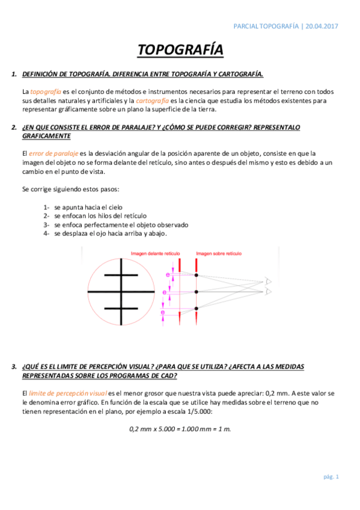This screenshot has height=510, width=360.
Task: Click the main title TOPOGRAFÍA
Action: tap(180, 50)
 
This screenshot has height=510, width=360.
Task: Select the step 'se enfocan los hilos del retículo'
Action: tap(100, 215)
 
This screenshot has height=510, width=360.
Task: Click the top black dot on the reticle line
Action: tap(197, 275)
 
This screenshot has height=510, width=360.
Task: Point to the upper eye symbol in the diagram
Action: tap(269, 281)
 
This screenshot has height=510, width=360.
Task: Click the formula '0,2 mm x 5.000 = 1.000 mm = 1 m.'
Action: tap(180, 429)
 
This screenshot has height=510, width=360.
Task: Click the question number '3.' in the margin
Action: tap(14, 366)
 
